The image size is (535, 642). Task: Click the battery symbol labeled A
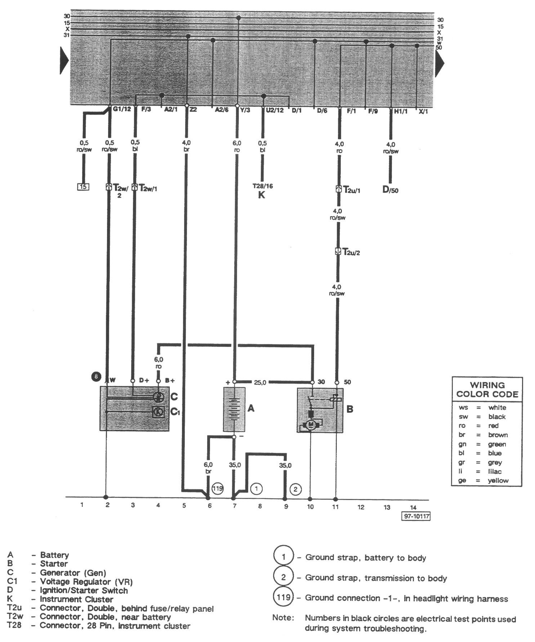[x=234, y=409]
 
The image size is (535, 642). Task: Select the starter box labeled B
[x=320, y=410]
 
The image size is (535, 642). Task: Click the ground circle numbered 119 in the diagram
[x=218, y=489]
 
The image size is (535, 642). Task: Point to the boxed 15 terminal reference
[x=83, y=187]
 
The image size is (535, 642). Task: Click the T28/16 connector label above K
[x=263, y=186]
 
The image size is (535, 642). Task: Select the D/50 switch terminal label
[x=390, y=190]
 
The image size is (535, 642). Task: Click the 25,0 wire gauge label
[x=260, y=382]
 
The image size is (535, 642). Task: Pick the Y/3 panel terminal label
[x=245, y=110]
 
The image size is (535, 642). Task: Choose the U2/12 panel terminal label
[x=275, y=110]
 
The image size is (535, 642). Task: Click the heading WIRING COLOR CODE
[x=487, y=389]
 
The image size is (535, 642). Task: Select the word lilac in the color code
[x=495, y=471]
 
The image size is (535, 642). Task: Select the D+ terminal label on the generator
[x=144, y=380]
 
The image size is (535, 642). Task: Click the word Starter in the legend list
[x=54, y=564]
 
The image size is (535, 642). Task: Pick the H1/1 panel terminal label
[x=400, y=111]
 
